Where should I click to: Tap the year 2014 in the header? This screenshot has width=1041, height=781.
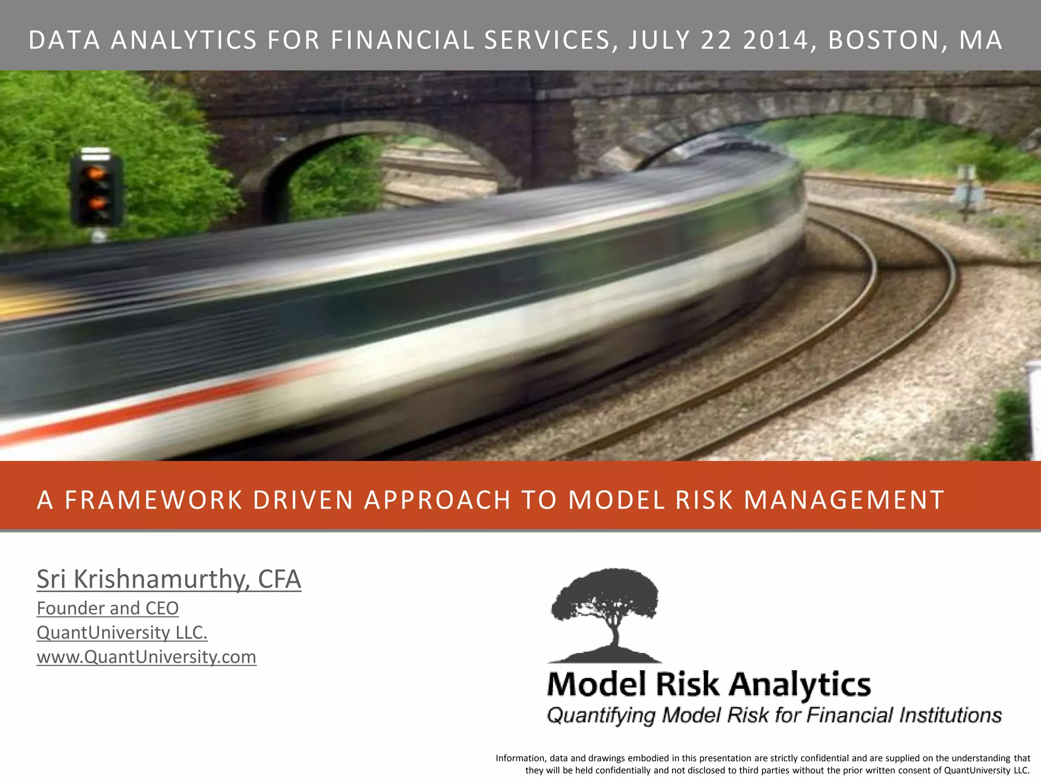click(x=776, y=41)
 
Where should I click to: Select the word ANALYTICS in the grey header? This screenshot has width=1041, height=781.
click(x=184, y=41)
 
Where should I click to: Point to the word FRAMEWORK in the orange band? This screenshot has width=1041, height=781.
click(x=153, y=500)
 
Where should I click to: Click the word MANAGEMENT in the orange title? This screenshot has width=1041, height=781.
click(x=844, y=500)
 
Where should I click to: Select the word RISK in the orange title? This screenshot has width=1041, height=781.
click(x=704, y=500)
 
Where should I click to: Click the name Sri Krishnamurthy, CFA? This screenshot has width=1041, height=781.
click(x=169, y=580)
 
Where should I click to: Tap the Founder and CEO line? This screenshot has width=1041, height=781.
click(x=108, y=609)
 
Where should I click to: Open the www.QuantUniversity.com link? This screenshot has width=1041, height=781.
click(x=146, y=657)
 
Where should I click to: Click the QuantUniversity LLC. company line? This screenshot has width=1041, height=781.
click(x=122, y=633)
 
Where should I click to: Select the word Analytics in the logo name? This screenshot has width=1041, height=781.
click(x=800, y=685)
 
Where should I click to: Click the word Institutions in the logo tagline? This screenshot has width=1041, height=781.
click(x=950, y=715)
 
